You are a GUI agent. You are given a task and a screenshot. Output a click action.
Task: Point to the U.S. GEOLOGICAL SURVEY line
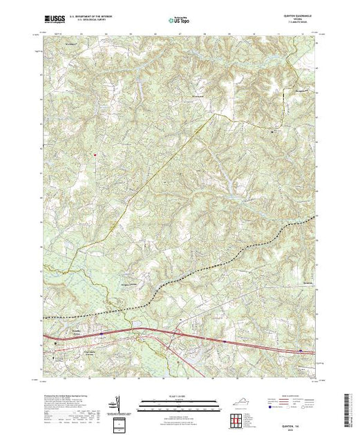[90, 20]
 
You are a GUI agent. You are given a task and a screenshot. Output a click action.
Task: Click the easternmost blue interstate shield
[301, 351]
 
